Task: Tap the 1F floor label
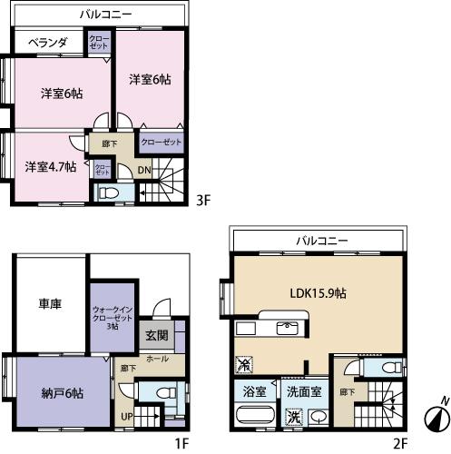(181, 444)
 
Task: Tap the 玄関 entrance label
(156, 335)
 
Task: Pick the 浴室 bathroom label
(254, 392)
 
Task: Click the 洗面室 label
(305, 392)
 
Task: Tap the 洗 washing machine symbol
(293, 418)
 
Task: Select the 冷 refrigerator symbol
(242, 363)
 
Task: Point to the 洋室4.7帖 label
(43, 167)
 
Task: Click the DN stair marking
(144, 169)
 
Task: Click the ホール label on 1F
(157, 360)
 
